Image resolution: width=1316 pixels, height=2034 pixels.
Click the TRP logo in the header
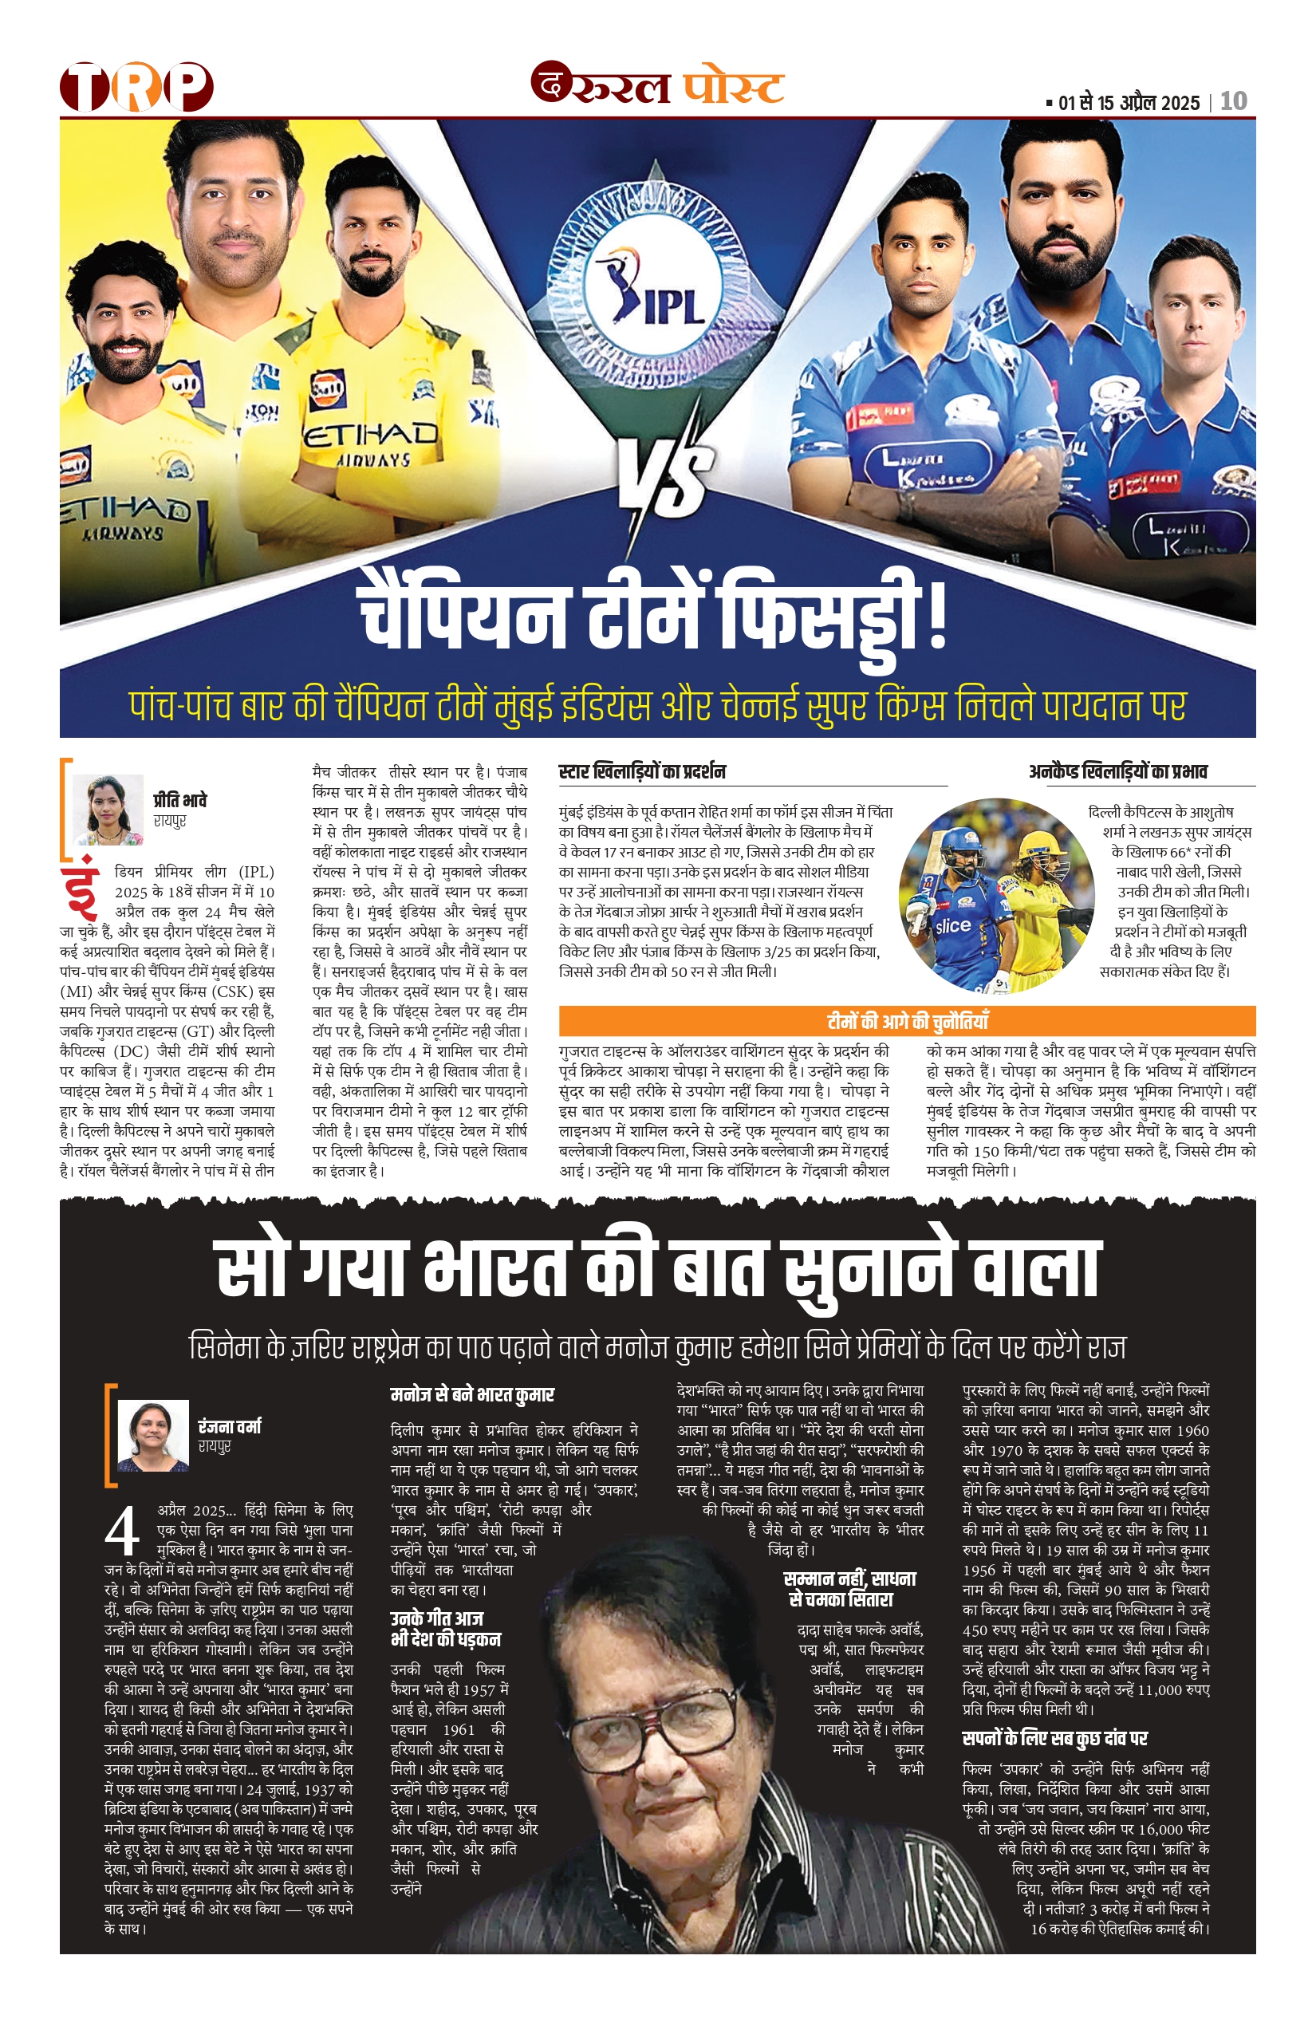(x=136, y=86)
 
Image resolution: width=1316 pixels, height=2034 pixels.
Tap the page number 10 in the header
(x=1233, y=102)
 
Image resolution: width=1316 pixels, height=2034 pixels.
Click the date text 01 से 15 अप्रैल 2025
(x=1128, y=104)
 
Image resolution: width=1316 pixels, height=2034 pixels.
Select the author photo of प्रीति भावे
(x=108, y=810)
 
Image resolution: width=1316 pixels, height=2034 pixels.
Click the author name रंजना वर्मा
(x=229, y=1426)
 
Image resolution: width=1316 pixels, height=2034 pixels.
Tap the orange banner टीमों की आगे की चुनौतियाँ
(x=907, y=1020)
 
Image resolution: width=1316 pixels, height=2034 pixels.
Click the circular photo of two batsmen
(x=995, y=896)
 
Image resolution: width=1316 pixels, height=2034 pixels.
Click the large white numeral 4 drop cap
(x=122, y=1531)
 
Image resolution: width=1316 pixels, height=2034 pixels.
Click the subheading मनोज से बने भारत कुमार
(x=471, y=1395)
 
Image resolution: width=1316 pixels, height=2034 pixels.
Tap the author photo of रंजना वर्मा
(x=153, y=1435)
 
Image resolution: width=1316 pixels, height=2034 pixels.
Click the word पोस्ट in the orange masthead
(x=733, y=87)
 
